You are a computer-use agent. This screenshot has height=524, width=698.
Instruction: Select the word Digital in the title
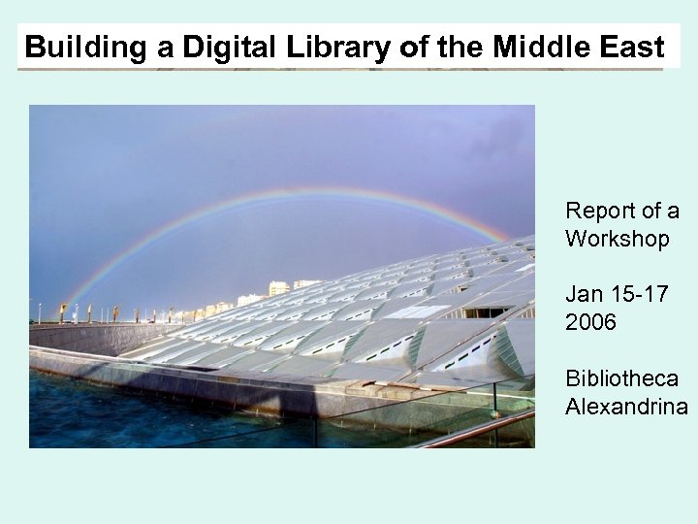tap(190, 46)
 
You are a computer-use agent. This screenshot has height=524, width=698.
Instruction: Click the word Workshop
tap(617, 238)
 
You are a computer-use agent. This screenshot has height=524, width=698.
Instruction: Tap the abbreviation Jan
tap(584, 294)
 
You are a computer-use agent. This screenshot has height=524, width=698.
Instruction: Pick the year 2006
tap(590, 321)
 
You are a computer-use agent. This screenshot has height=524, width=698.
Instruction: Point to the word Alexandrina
tap(626, 405)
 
